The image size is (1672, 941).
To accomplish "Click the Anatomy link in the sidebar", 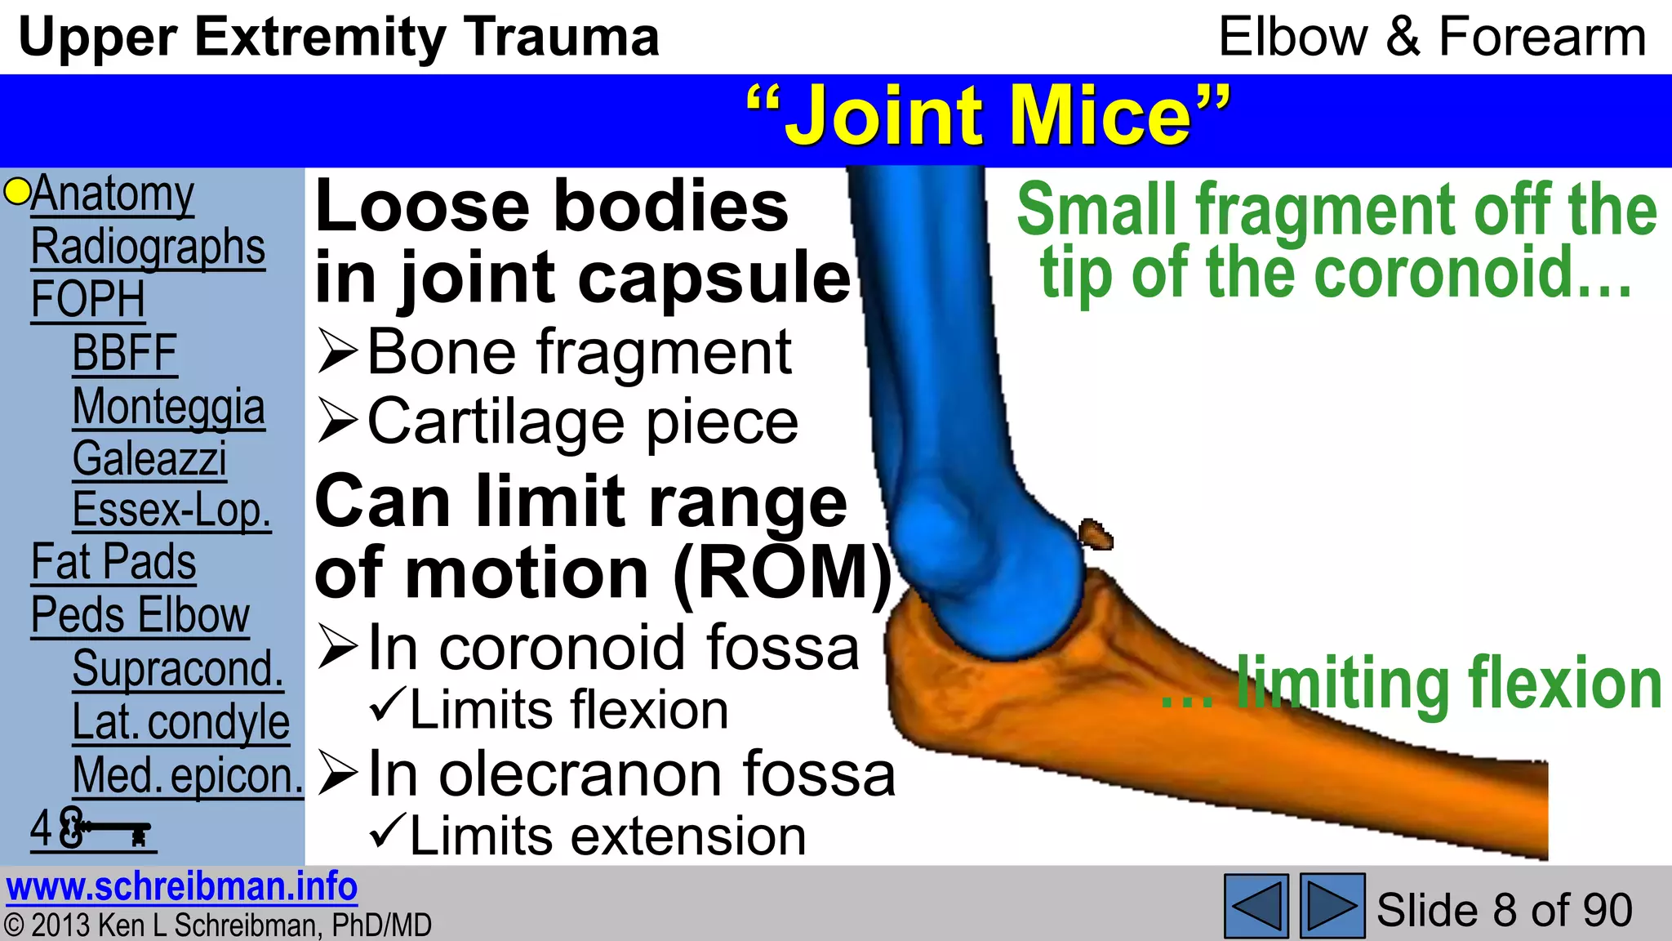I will coord(113,194).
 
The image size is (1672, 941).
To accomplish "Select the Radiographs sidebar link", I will coord(148,247).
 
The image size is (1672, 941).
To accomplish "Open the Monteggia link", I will coord(168,407).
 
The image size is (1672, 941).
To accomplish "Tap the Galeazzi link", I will coord(149,458).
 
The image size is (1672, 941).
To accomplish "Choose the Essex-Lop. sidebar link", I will coord(171,511).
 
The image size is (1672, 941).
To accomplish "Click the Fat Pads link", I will coord(113,563).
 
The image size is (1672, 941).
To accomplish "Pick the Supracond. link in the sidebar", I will coord(178,669).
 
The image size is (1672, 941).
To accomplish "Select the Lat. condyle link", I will coord(180,722).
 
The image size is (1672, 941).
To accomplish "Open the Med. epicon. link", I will coord(188,775).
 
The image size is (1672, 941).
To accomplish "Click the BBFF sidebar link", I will coord(125,354).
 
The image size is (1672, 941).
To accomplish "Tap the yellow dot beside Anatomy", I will coord(16,192).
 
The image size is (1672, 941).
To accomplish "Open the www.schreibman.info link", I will coord(181,887).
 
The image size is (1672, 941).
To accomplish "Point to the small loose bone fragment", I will coord(1096,534).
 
